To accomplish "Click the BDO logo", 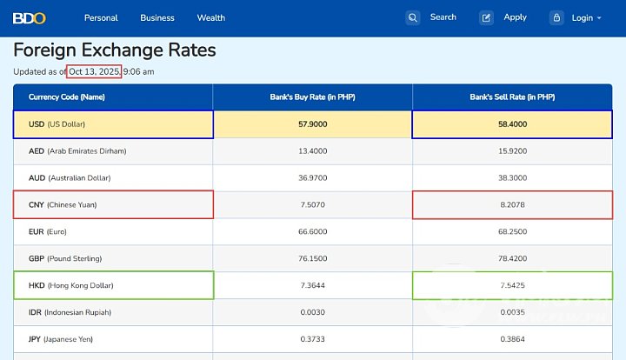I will tap(29, 17).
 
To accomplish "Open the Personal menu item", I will tap(101, 17).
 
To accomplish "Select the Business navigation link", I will tap(157, 17).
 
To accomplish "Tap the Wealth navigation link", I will tap(211, 17).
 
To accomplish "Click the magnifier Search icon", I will tap(413, 17).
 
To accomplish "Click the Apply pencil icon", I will tap(487, 17).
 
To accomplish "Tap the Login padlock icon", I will tap(556, 17).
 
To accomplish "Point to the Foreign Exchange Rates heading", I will tap(115, 50).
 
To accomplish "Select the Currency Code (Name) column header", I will tap(67, 97).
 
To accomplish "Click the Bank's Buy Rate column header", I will tap(312, 97).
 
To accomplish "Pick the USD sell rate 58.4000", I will tap(512, 124).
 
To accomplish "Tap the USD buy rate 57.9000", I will tap(312, 124).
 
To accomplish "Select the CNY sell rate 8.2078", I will tap(512, 204).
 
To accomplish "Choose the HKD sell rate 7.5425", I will tap(512, 285).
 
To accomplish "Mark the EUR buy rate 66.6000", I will tap(312, 231).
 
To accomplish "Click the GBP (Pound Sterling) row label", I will tap(65, 258).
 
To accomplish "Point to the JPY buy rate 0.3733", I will tap(312, 339).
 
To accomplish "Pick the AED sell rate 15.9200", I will tap(512, 150).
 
